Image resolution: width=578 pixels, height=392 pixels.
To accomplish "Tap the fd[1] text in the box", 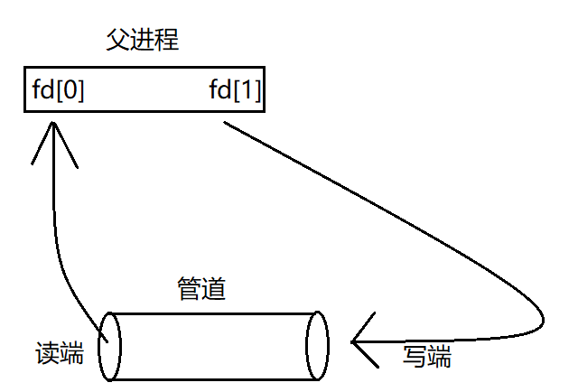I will tap(235, 91).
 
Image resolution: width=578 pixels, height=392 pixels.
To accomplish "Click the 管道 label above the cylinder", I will tap(200, 289).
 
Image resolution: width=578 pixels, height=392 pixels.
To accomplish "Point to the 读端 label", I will tap(60, 352).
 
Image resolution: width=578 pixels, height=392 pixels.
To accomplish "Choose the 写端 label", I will tap(426, 357).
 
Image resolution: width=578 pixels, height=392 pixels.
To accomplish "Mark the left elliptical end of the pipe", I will tap(108, 346).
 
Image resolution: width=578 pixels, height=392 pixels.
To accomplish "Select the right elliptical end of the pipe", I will tap(316, 346).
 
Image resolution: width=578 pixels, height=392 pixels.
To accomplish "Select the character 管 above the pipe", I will tap(188, 289).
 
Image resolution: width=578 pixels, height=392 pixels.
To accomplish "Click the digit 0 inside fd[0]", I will tap(70, 91).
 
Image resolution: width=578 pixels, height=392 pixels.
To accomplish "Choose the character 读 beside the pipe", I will tap(47, 352).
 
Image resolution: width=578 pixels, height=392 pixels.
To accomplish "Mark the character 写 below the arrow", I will tap(415, 357).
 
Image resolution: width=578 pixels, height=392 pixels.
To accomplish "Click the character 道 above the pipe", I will tap(213, 289).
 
